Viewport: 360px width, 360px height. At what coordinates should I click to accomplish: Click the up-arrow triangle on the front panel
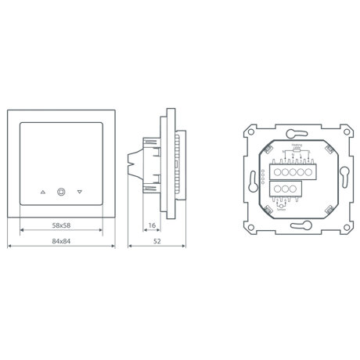tap(41, 190)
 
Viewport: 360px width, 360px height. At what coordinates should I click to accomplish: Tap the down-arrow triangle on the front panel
tap(80, 190)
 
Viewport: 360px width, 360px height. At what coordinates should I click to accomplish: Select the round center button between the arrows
tap(61, 190)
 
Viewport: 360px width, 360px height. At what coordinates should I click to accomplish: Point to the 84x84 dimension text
tap(60, 240)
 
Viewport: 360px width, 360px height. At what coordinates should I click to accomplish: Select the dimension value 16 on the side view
tap(150, 225)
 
